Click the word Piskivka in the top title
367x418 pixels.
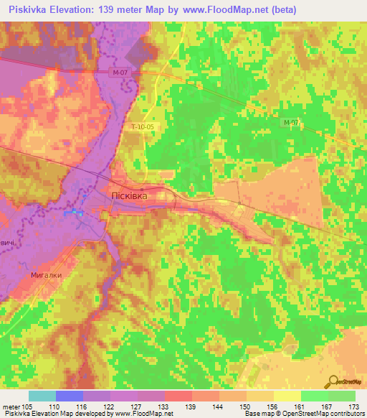point(27,9)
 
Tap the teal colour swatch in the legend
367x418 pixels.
point(42,396)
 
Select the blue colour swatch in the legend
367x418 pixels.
point(70,396)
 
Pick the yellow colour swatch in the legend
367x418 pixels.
point(287,396)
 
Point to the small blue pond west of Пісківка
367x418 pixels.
point(75,213)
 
